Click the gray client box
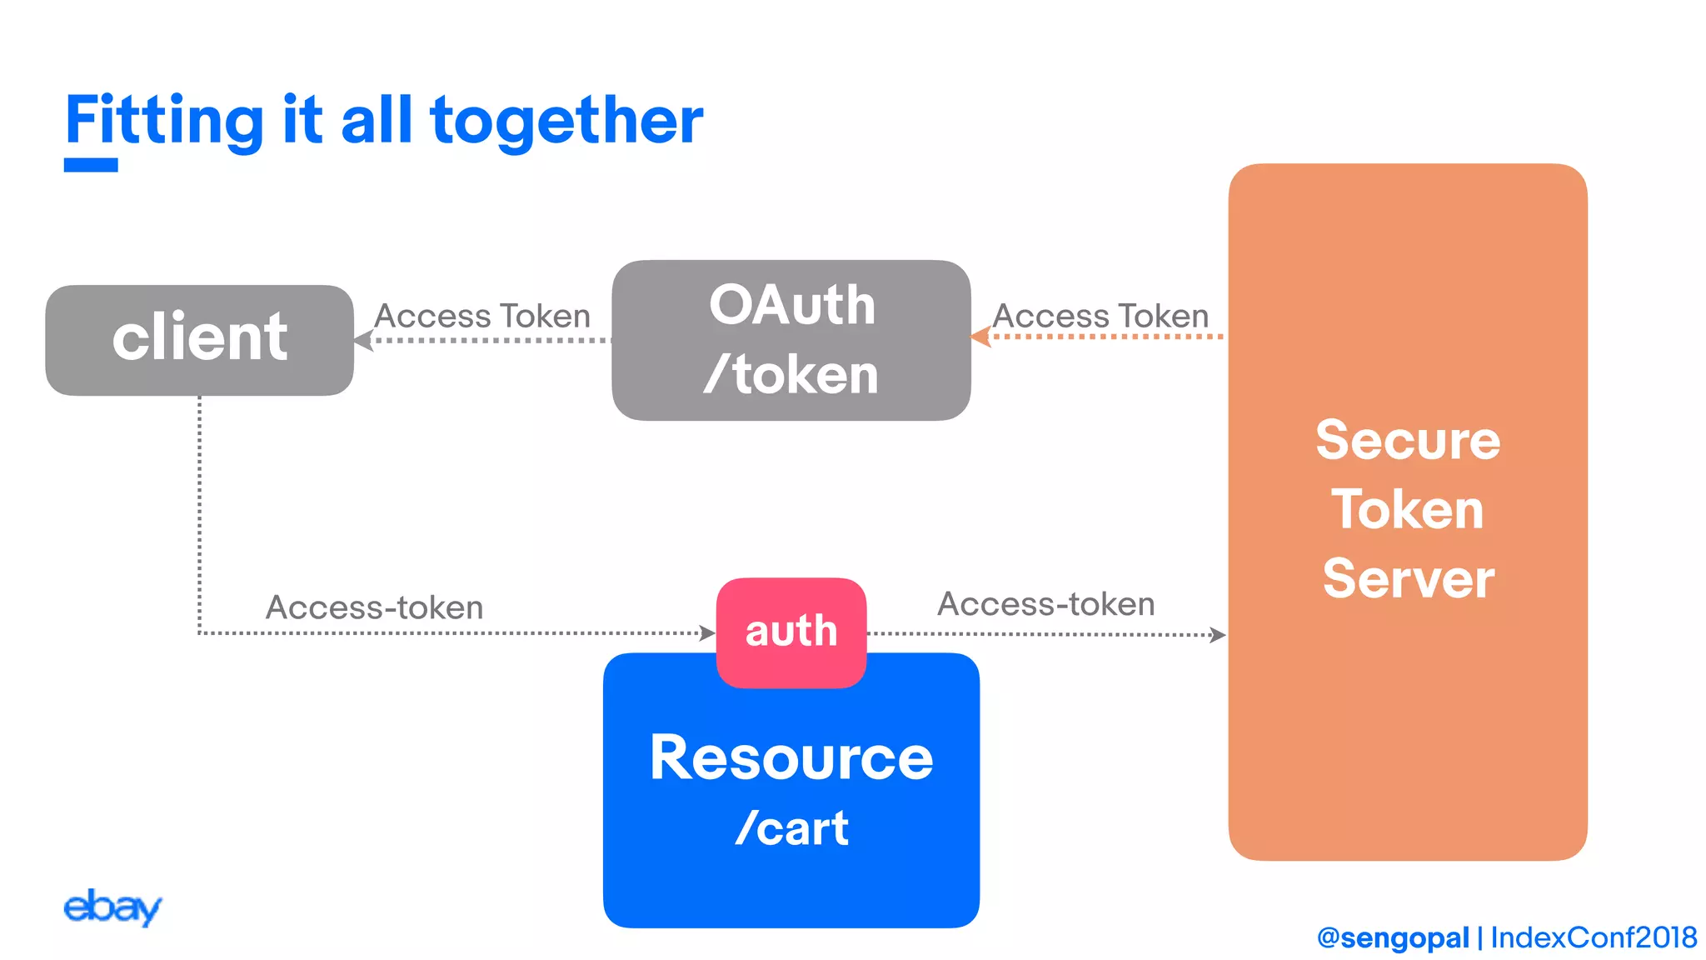click(x=199, y=339)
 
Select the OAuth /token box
click(x=791, y=340)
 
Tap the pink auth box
click(x=791, y=631)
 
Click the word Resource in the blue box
click(x=791, y=757)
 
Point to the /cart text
click(x=791, y=827)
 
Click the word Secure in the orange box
click(x=1407, y=440)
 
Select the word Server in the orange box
click(x=1408, y=578)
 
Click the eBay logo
click(x=112, y=907)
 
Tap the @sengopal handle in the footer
click(x=1392, y=937)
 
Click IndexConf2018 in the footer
click(x=1593, y=937)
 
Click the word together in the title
click(x=566, y=121)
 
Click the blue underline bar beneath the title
click(x=91, y=165)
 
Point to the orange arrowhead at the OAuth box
click(x=980, y=337)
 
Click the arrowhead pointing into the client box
click(x=363, y=340)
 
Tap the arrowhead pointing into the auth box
click(x=707, y=633)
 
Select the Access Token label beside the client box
click(x=482, y=316)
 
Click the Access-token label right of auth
click(x=1046, y=604)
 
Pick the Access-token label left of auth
click(x=374, y=607)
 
